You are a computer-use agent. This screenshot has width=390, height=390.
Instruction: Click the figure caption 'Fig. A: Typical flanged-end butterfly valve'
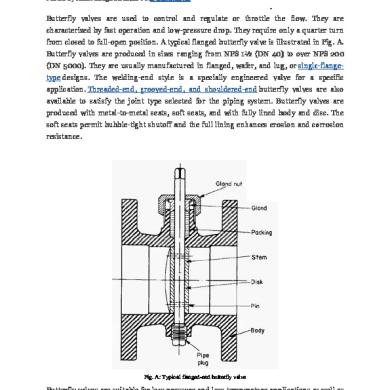point(195,369)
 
